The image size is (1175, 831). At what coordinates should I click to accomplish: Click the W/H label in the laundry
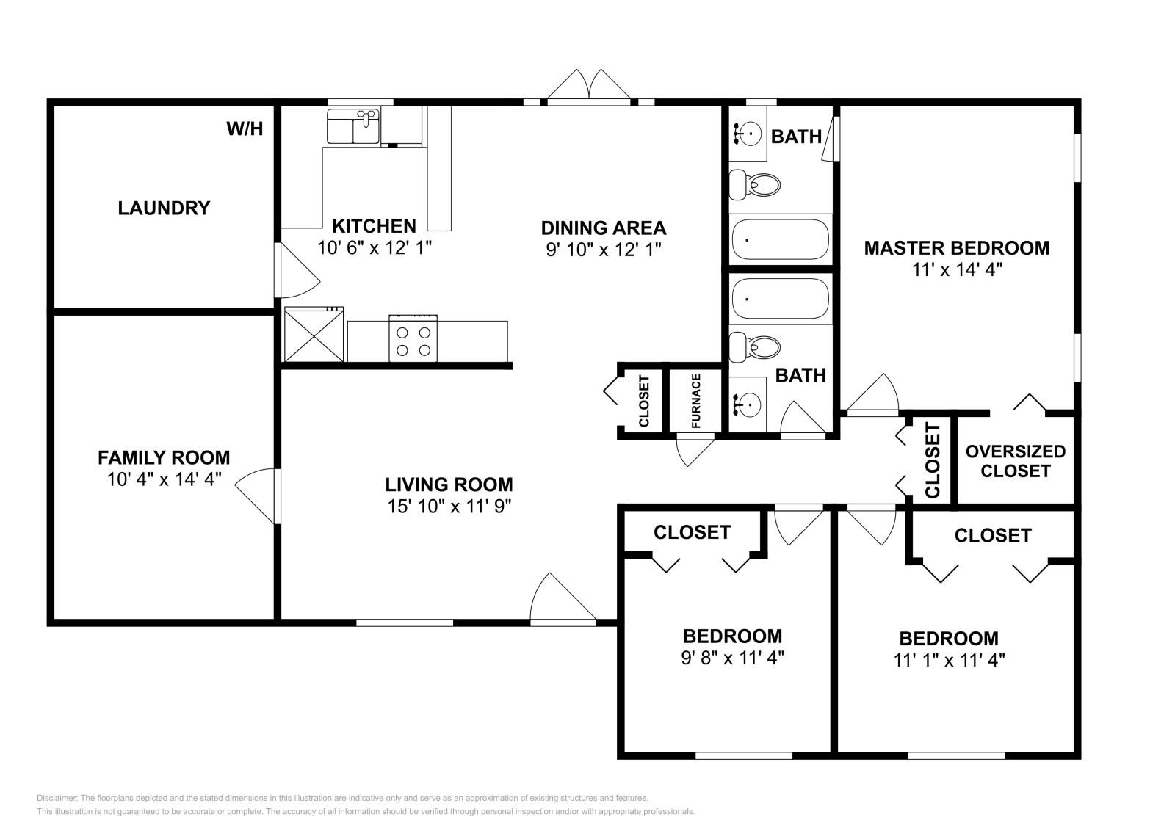pos(245,129)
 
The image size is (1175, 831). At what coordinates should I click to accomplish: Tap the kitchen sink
pos(353,126)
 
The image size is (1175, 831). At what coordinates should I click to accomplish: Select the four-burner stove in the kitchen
pos(413,338)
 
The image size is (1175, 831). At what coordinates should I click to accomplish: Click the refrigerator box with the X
pos(314,335)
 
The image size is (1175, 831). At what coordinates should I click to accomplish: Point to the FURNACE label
pos(696,401)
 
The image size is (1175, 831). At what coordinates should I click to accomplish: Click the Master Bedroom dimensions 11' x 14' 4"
pos(958,270)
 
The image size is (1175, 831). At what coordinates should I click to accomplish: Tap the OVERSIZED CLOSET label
pos(1016,461)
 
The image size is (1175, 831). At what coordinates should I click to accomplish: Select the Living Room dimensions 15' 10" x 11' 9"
pos(449,507)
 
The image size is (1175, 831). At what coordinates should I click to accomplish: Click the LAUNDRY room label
pos(164,208)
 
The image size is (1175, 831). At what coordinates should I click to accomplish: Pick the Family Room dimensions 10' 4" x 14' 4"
pos(164,479)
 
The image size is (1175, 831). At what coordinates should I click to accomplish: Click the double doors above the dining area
pos(589,85)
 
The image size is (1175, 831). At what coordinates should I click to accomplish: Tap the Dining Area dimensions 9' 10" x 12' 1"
pos(603,250)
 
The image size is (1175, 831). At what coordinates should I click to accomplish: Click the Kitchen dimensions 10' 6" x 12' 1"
pos(375,247)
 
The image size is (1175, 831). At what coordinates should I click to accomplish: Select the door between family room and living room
pos(257,496)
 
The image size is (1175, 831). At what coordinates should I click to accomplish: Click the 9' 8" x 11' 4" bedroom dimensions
pos(732,658)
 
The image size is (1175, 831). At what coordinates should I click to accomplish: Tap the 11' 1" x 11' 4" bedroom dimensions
pos(949,660)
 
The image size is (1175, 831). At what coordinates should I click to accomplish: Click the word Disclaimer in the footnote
pos(57,799)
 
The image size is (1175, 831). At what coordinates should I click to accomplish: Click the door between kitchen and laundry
pos(297,271)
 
